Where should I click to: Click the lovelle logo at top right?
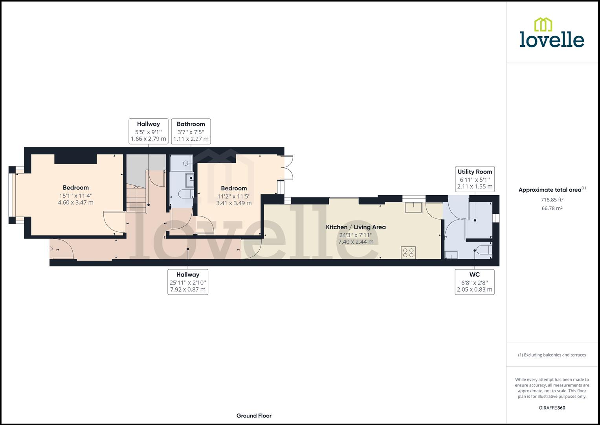552,33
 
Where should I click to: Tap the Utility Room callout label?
475,179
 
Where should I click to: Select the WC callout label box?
474,282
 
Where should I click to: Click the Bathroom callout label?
191,131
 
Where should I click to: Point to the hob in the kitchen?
408,253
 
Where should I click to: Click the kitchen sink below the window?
413,207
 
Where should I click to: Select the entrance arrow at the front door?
51,249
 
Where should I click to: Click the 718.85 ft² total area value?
552,200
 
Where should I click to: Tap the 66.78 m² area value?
552,208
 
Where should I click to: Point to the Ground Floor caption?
254,416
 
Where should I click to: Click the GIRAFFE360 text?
552,408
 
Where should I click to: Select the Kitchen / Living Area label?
356,227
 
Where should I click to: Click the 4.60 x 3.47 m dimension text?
76,203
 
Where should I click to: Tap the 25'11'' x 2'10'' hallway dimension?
188,283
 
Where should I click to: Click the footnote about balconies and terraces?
552,355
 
